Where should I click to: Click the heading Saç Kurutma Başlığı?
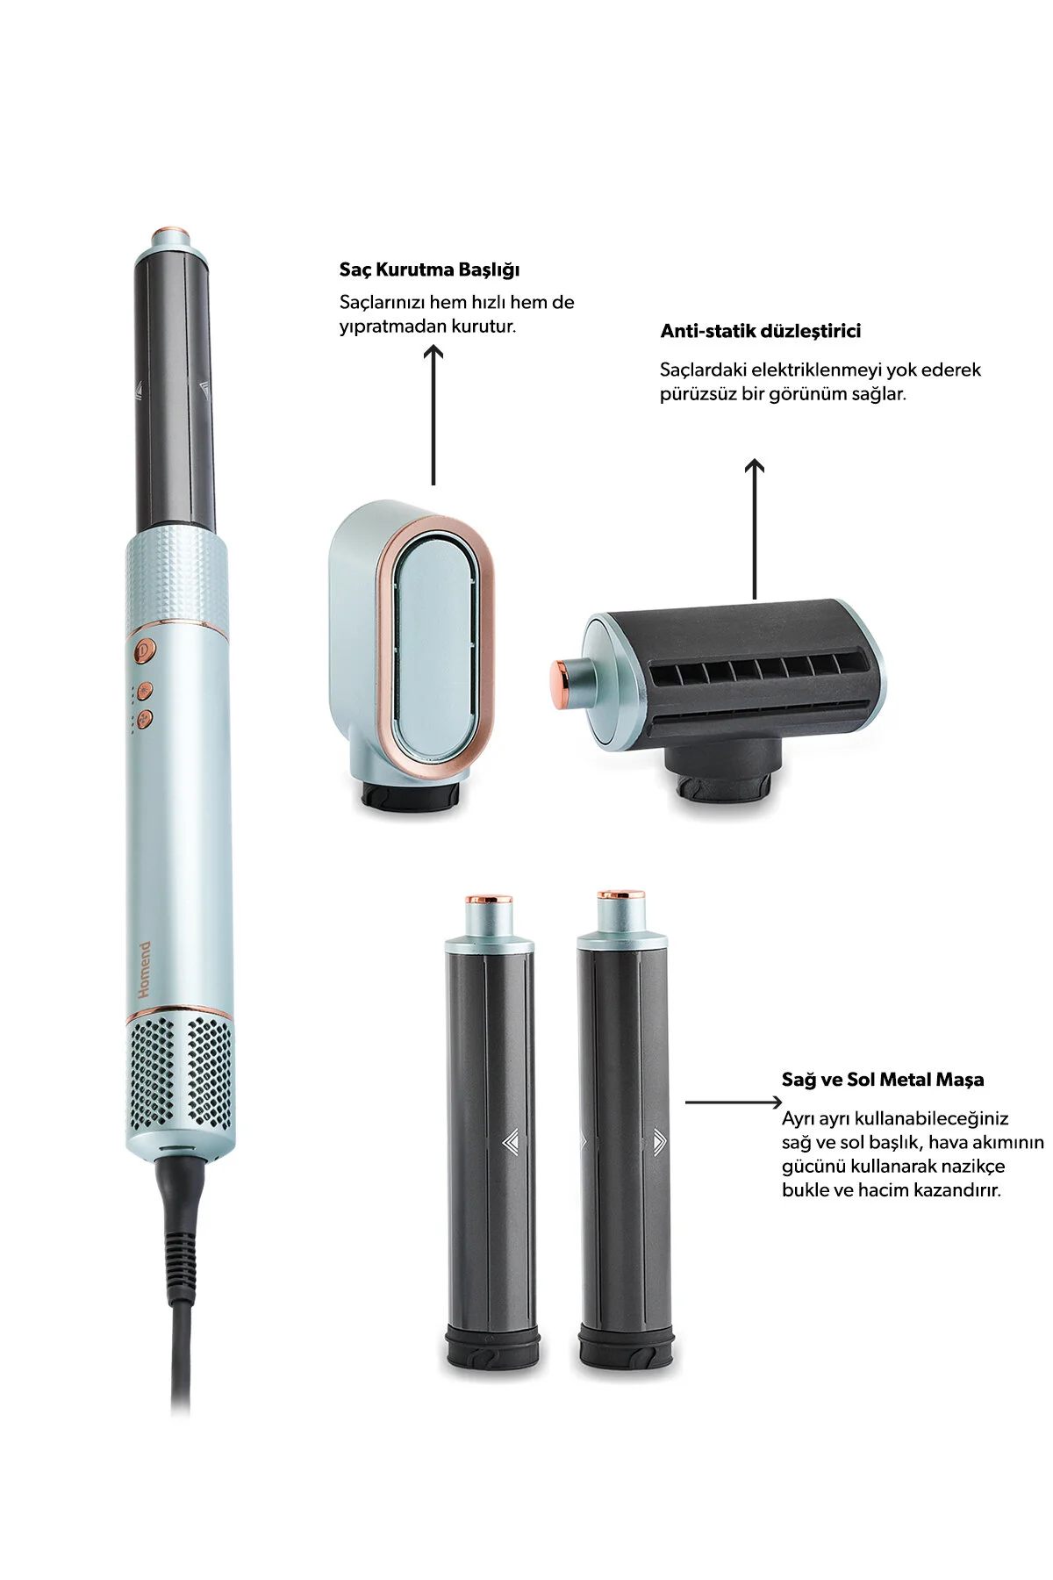click(x=429, y=269)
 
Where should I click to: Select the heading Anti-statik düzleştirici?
click(x=760, y=331)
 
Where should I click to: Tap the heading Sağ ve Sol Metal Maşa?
click(x=883, y=1080)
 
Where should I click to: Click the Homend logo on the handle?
click(x=145, y=970)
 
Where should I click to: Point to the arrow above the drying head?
click(x=433, y=415)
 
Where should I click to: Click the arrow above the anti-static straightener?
click(x=755, y=529)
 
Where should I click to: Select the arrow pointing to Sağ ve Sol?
click(x=734, y=1102)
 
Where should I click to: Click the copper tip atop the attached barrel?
click(x=170, y=237)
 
